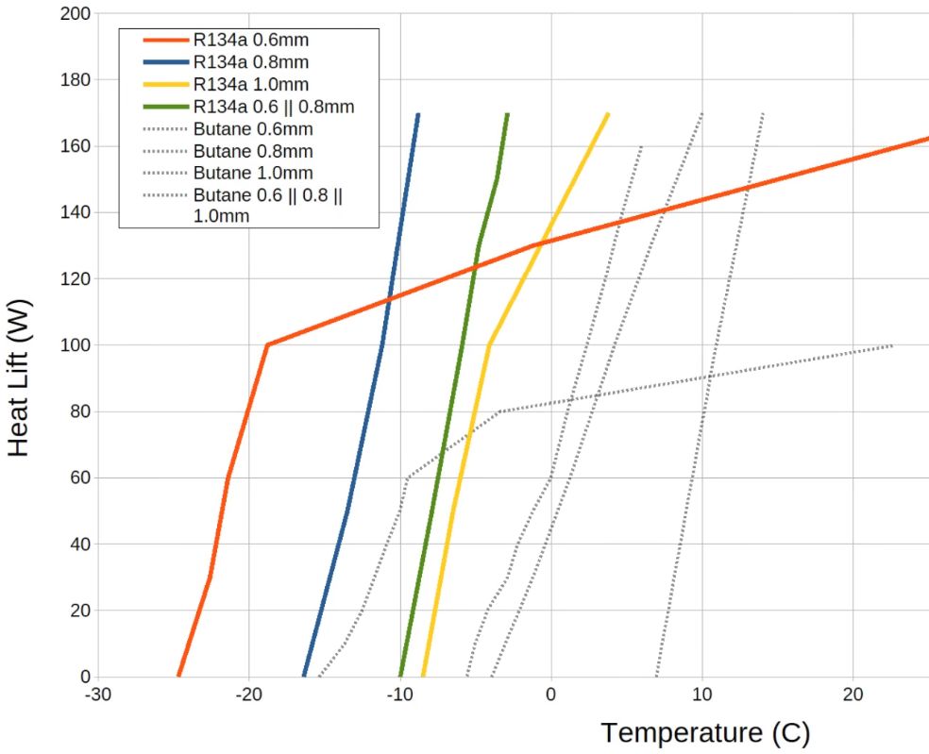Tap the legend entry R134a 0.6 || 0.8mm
coord(273,106)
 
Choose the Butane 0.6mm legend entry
coord(252,128)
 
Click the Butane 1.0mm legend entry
coord(252,173)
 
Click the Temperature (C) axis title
coord(704,732)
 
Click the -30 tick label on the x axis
coord(98,694)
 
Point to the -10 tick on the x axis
coord(399,694)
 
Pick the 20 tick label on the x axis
coord(853,694)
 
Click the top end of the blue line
coord(417,114)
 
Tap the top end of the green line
coord(507,114)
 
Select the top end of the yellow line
coord(608,114)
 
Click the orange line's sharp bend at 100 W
coord(267,344)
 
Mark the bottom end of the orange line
coord(178,676)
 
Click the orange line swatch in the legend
coord(165,41)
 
